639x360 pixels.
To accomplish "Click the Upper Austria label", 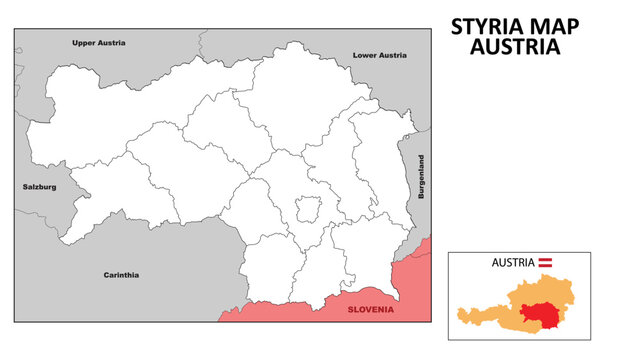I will pyautogui.click(x=99, y=43).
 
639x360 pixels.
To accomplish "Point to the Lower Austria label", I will pyautogui.click(x=380, y=56).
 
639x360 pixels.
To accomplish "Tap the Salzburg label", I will pyautogui.click(x=40, y=187).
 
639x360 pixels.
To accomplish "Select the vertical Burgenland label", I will pyautogui.click(x=422, y=177).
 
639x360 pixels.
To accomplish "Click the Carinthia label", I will pyautogui.click(x=121, y=274).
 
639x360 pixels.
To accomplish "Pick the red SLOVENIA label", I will pyautogui.click(x=371, y=310).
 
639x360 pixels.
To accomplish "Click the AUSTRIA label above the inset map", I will pyautogui.click(x=512, y=262).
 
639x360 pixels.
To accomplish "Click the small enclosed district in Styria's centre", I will pyautogui.click(x=307, y=210).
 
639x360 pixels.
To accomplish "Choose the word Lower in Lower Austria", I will pyautogui.click(x=366, y=56).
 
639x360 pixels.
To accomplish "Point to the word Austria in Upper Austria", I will pyautogui.click(x=113, y=43).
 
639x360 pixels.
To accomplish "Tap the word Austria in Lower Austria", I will pyautogui.click(x=393, y=56).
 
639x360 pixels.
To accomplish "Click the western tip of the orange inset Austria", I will pyautogui.click(x=459, y=311).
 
